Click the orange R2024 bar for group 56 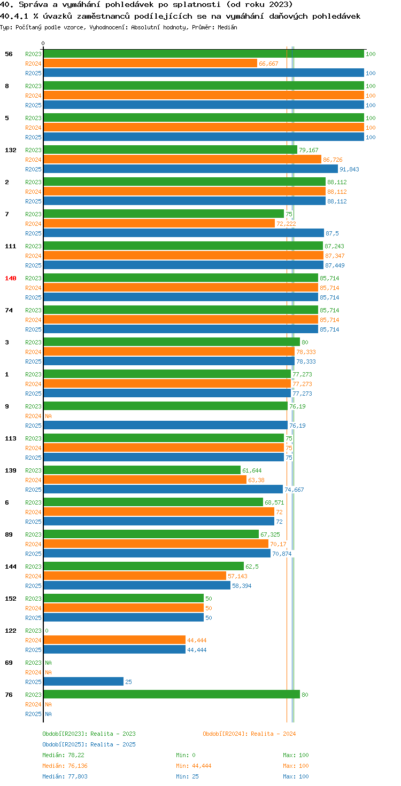tap(150, 63)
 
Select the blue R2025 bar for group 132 tap(191, 169)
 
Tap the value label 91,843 tap(349, 169)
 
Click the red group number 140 tap(11, 278)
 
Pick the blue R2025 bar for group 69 tap(83, 681)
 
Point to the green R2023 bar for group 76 tap(172, 694)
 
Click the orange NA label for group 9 tap(49, 416)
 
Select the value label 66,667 tap(268, 64)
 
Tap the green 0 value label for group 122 tap(47, 631)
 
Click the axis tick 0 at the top tap(43, 43)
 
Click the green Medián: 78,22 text tap(63, 755)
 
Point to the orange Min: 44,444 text tap(194, 766)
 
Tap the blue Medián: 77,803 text tap(65, 776)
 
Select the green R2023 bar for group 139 tap(142, 470)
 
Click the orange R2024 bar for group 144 tap(135, 576)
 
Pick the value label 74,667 tap(294, 490)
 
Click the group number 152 tap(11, 599)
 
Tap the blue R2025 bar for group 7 tap(184, 233)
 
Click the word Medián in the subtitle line tap(227, 27)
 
